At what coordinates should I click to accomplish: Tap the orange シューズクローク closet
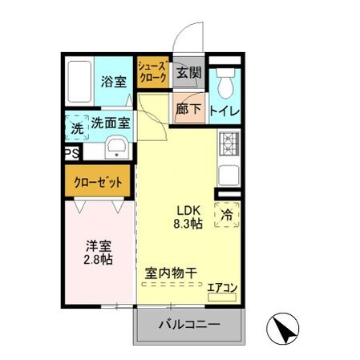tap(152, 72)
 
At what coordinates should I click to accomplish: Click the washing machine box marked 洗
tap(77, 127)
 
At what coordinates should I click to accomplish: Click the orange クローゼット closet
tap(99, 182)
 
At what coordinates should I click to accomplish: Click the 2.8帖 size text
tap(99, 260)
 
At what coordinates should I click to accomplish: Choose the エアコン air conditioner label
tap(221, 286)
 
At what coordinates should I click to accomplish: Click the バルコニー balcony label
tap(188, 326)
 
